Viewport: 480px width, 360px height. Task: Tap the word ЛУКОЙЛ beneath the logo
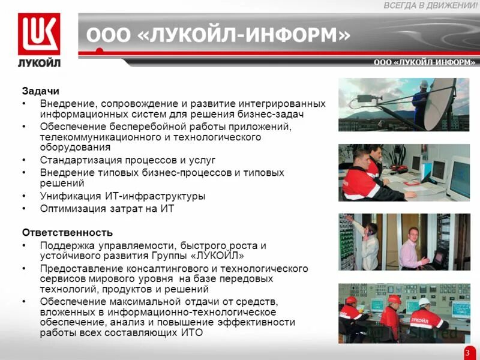tap(39, 62)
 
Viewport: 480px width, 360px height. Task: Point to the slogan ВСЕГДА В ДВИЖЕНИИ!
tap(430, 5)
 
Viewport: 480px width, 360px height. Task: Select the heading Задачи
tap(41, 91)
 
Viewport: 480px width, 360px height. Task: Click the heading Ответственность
tap(67, 232)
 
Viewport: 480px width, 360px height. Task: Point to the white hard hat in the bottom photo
tap(424, 301)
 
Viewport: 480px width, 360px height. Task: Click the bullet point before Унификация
tap(24, 196)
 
